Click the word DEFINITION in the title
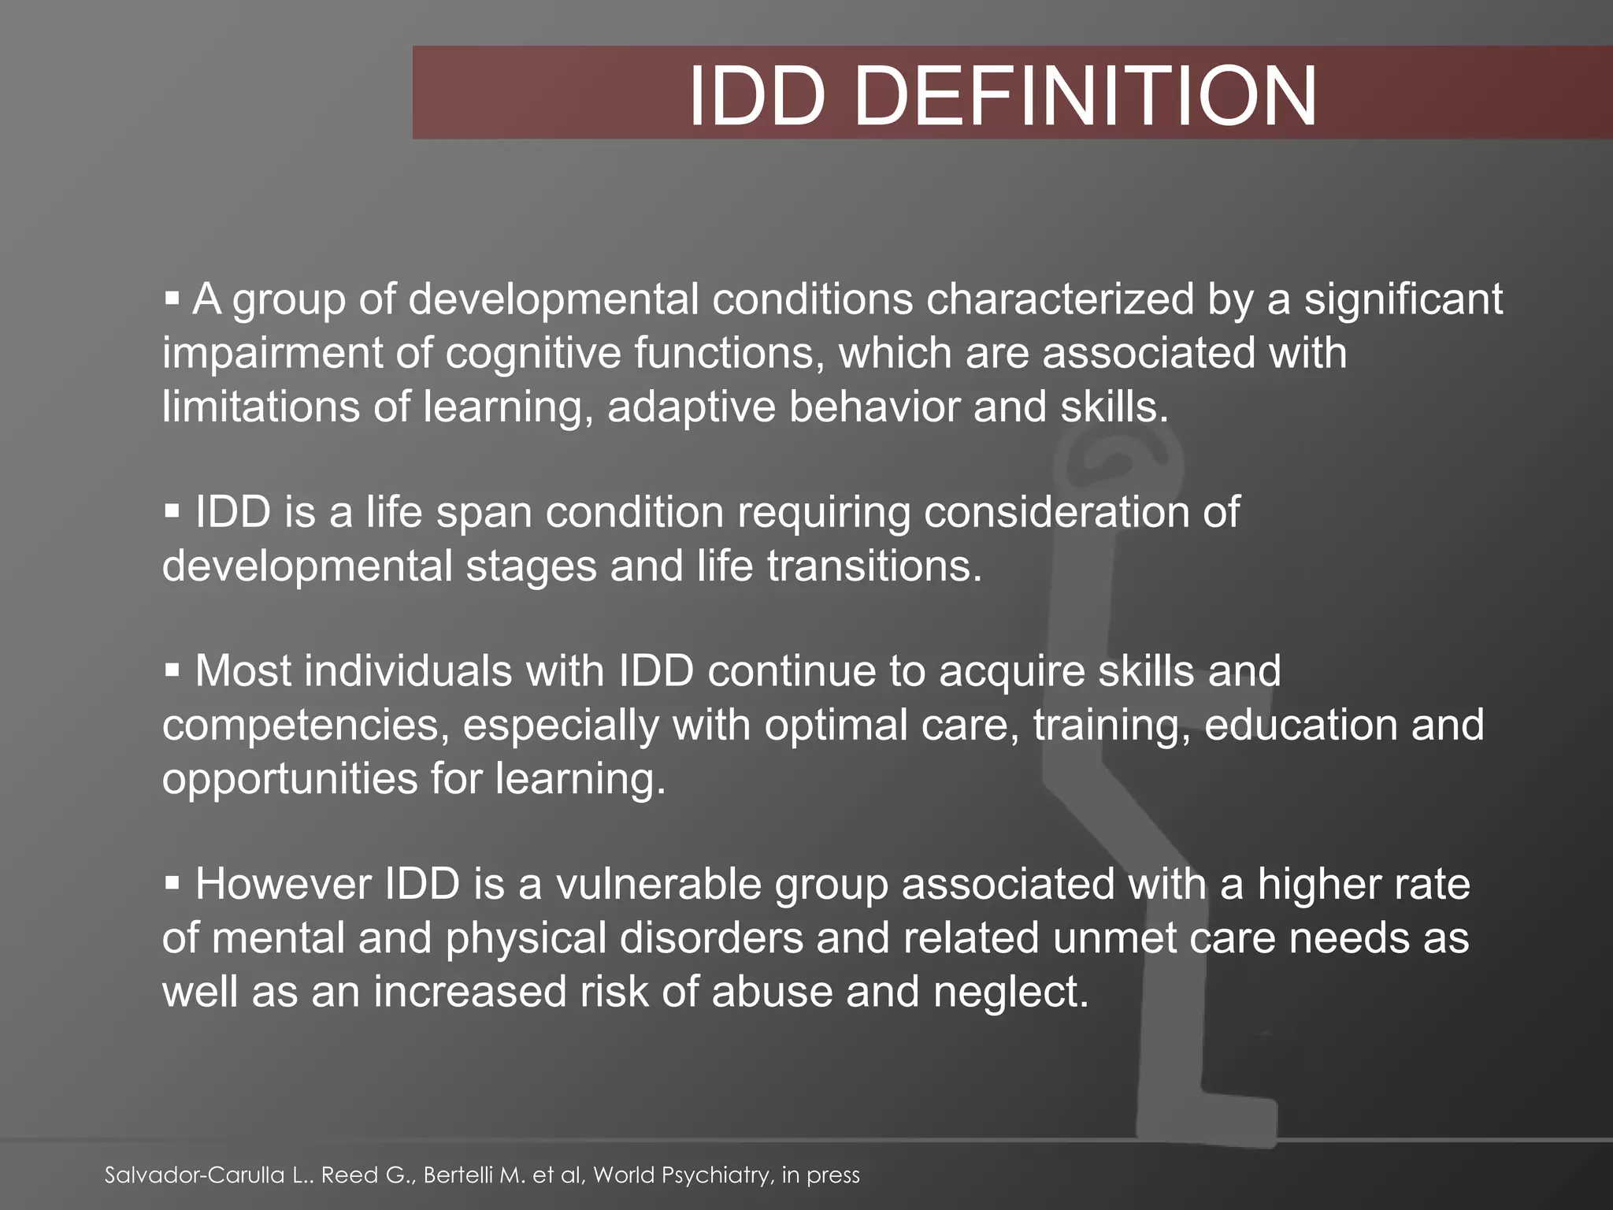pyautogui.click(x=1085, y=97)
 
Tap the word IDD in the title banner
pyautogui.click(x=758, y=97)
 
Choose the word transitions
pyautogui.click(x=874, y=566)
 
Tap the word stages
pyautogui.click(x=531, y=566)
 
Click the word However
pyautogui.click(x=283, y=884)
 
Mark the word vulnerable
pyautogui.click(x=658, y=884)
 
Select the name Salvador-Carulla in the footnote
pyautogui.click(x=195, y=1175)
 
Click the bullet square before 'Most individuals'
pyautogui.click(x=172, y=671)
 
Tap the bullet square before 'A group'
pyautogui.click(x=172, y=299)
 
